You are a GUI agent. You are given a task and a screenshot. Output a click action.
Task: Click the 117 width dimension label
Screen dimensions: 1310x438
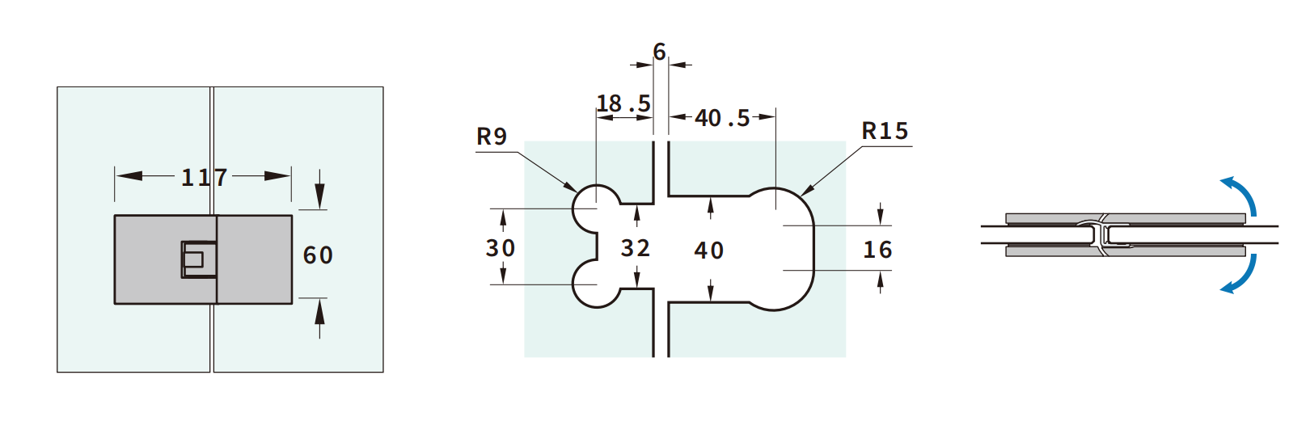[x=204, y=177]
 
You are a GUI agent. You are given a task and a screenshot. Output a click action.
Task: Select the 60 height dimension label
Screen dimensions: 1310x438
[x=318, y=255]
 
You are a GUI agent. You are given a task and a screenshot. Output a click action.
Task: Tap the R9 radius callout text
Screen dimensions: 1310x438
[x=492, y=137]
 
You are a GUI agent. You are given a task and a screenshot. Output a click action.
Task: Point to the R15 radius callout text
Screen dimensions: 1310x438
[x=885, y=131]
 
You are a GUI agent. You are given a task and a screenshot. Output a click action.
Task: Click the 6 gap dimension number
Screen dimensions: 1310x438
[x=660, y=52]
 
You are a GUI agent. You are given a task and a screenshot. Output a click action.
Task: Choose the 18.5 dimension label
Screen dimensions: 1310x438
[x=623, y=103]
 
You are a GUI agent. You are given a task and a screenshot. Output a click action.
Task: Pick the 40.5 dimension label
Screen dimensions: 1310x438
[x=722, y=118]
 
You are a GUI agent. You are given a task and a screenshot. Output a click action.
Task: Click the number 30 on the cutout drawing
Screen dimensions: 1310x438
[x=501, y=248]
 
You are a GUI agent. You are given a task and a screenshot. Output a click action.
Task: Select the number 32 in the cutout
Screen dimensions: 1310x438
[x=636, y=249]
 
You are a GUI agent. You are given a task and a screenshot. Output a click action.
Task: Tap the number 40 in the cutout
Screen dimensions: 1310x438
[x=709, y=251]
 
